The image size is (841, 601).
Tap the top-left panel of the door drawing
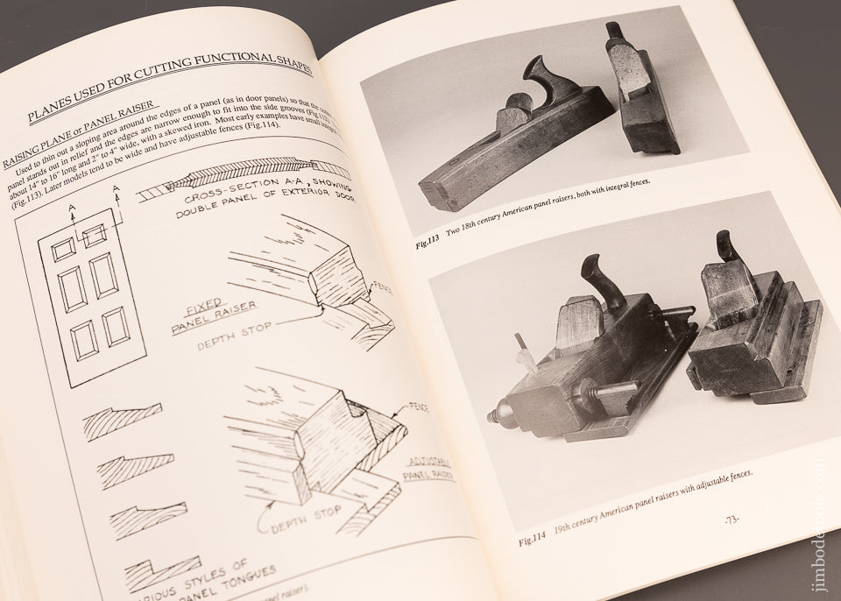pyautogui.click(x=63, y=251)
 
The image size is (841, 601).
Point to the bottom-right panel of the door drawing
pyautogui.click(x=115, y=326)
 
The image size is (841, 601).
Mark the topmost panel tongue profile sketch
pyautogui.click(x=123, y=421)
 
